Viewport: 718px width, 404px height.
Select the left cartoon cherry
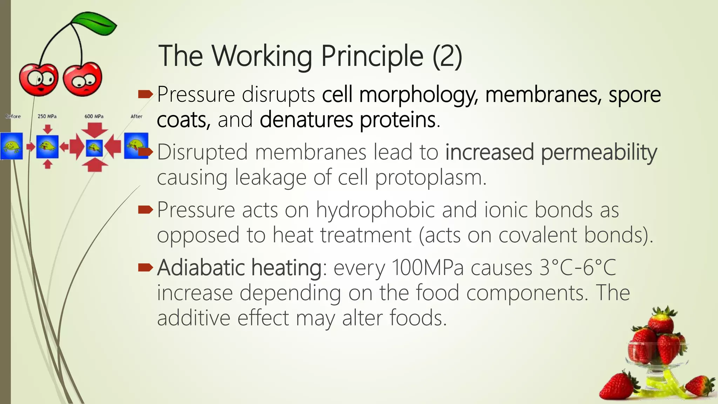point(38,79)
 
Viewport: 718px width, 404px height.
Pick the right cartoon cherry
point(83,79)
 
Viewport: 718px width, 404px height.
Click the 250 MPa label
point(47,116)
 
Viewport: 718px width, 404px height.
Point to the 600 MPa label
point(94,116)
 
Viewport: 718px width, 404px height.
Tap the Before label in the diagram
point(13,116)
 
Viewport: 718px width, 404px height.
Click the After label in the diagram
point(136,116)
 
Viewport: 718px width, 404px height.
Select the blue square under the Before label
point(12,146)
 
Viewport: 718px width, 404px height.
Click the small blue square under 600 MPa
point(94,147)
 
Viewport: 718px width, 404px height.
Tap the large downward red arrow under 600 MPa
point(94,130)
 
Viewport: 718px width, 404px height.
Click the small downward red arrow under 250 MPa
point(48,129)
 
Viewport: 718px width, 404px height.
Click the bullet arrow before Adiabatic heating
point(145,268)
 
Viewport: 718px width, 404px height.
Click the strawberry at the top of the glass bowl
point(661,321)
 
